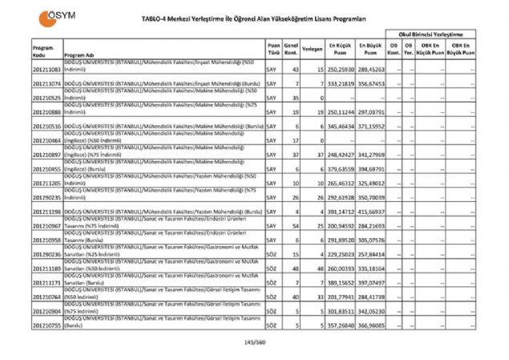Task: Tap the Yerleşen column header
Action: tap(313, 49)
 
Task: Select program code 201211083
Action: tap(47, 71)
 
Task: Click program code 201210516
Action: tap(47, 127)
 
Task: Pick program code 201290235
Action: tap(47, 196)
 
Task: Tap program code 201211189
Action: tap(47, 268)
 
